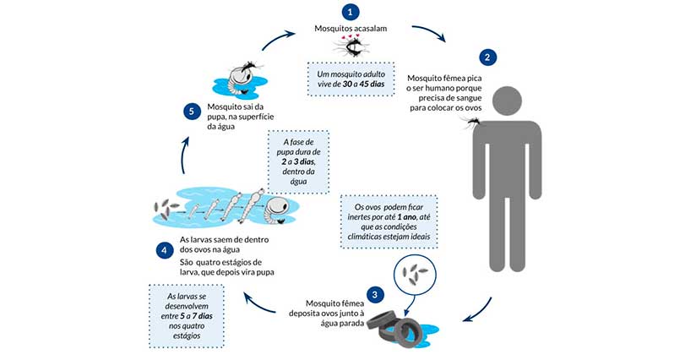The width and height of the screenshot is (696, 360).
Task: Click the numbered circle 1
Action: [348, 13]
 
